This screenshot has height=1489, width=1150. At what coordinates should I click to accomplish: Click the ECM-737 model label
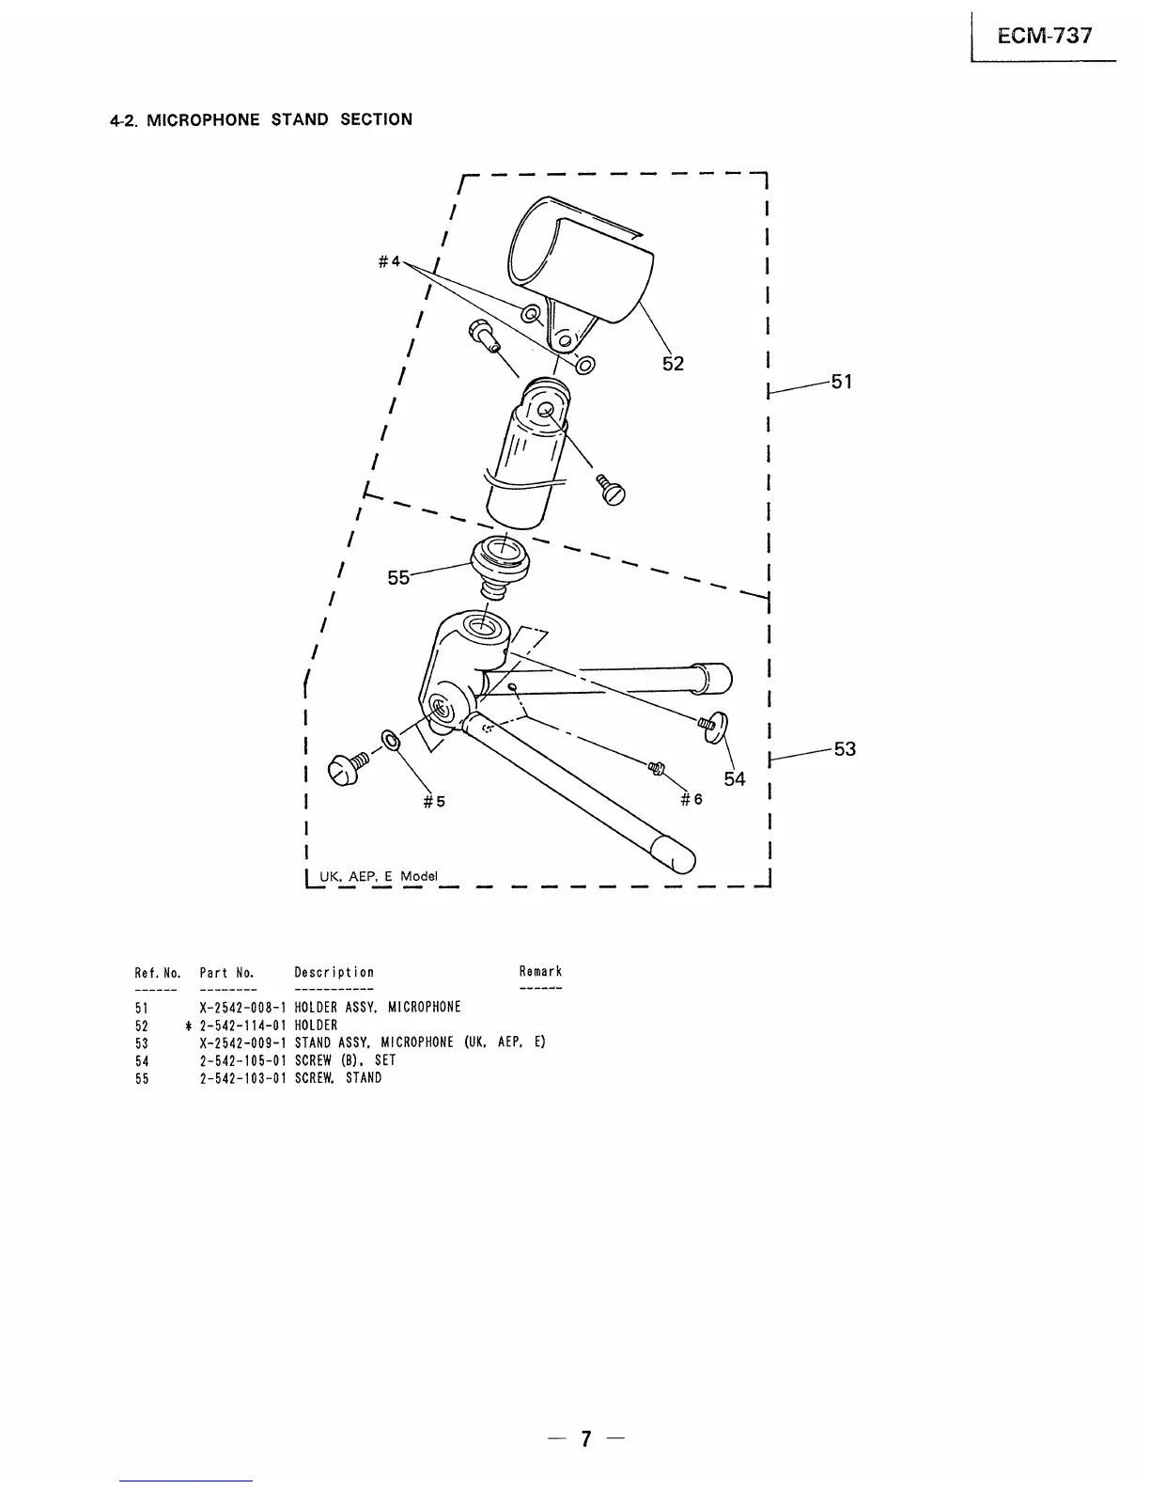point(1045,36)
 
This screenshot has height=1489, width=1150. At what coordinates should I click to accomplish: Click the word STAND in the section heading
point(300,119)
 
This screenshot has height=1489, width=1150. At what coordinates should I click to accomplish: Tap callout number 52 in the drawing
point(673,364)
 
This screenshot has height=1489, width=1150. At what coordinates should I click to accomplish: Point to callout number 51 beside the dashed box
point(841,381)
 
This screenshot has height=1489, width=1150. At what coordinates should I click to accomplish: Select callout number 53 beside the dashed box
point(845,748)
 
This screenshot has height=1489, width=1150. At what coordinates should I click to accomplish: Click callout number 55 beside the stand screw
point(398,578)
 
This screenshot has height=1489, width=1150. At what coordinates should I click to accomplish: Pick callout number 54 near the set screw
point(734,778)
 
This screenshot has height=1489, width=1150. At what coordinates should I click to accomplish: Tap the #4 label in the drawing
point(389,260)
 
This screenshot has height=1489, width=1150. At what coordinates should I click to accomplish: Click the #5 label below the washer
point(434,802)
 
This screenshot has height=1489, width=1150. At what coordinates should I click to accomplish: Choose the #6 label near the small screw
point(692,799)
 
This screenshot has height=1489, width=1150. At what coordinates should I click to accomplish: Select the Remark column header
point(540,972)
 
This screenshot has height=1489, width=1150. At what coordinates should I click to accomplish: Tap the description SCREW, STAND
point(338,1078)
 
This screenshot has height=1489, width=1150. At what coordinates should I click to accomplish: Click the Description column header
point(334,972)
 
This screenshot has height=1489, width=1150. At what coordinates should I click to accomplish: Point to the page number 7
point(586,1438)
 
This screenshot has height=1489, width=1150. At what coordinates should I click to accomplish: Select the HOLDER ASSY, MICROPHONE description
point(378,1008)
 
